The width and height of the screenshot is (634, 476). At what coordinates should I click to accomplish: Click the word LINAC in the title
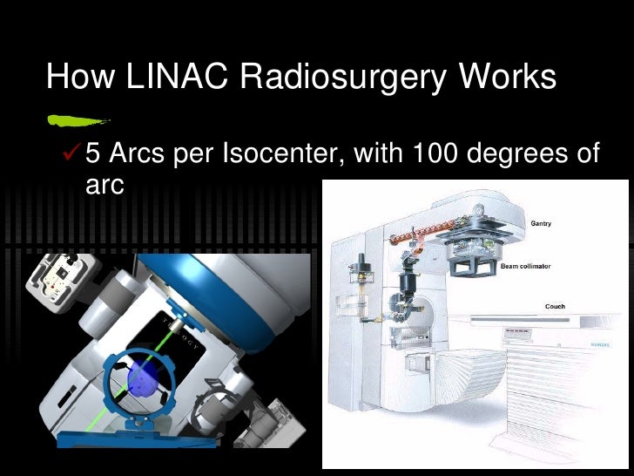(172, 77)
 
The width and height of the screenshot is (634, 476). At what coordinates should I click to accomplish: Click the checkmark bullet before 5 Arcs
(71, 155)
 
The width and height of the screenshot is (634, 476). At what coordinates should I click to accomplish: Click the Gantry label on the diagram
(541, 223)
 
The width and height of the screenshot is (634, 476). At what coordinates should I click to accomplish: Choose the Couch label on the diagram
(555, 307)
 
